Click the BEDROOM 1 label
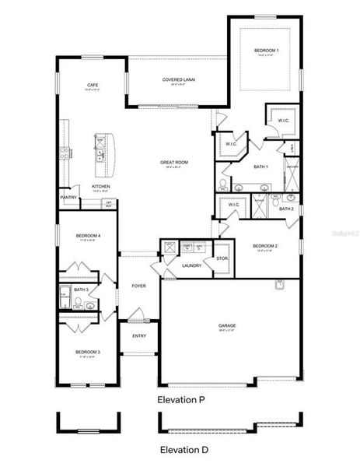pos(266,51)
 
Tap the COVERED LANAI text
pos(178,79)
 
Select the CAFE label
pos(92,85)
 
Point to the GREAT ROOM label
pos(174,163)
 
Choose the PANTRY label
pos(68,197)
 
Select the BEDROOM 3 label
pos(87,353)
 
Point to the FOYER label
pos(138,286)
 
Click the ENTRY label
pos(138,335)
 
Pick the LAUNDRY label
pos(191,265)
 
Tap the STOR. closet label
pos(222,258)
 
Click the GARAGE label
pos(227,325)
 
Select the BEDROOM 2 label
pos(265,247)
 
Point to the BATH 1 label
pos(260,167)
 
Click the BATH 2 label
pos(286,209)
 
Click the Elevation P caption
pos(180,400)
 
